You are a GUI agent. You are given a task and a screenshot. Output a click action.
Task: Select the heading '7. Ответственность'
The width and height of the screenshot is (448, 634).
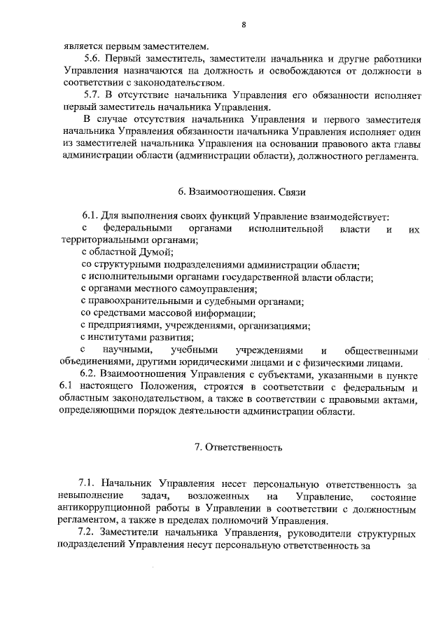click(x=242, y=446)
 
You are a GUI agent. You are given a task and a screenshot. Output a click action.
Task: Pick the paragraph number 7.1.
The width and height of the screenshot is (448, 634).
click(x=90, y=483)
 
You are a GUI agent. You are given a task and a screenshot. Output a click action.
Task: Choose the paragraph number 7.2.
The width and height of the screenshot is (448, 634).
click(x=90, y=534)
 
